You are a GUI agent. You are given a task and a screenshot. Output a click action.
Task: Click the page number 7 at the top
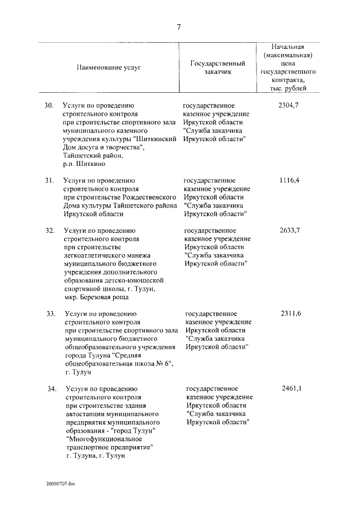click(178, 28)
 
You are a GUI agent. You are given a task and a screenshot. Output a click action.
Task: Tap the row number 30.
click(49, 105)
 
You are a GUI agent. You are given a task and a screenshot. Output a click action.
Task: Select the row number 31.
click(49, 180)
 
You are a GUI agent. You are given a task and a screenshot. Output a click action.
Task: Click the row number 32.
click(49, 231)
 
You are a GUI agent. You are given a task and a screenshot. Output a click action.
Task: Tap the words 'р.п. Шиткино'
click(84, 164)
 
